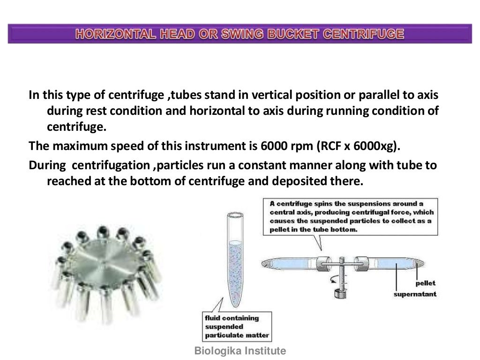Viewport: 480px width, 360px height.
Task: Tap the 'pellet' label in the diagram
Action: (x=425, y=283)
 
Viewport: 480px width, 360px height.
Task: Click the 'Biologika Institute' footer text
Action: (x=240, y=351)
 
